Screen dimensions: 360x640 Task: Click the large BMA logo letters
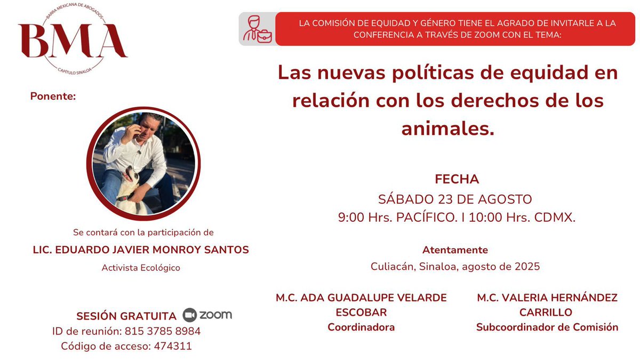click(73, 42)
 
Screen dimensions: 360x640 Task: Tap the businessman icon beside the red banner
click(257, 29)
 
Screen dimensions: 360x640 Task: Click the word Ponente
click(53, 97)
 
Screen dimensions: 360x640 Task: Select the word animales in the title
click(447, 128)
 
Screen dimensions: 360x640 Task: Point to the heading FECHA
click(457, 179)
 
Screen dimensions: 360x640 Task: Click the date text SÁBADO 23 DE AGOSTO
click(455, 199)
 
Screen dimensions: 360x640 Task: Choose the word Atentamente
click(455, 250)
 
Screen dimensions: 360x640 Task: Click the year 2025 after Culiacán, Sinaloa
click(526, 266)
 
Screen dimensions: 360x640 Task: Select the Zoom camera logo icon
click(190, 315)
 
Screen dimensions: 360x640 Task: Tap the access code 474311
click(172, 346)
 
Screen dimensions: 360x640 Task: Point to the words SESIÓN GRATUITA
click(126, 316)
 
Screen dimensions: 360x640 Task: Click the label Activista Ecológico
click(141, 268)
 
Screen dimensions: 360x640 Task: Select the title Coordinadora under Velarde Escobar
click(361, 327)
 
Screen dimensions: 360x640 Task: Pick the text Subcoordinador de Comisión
click(547, 327)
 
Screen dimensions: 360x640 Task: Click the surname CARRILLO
click(547, 312)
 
